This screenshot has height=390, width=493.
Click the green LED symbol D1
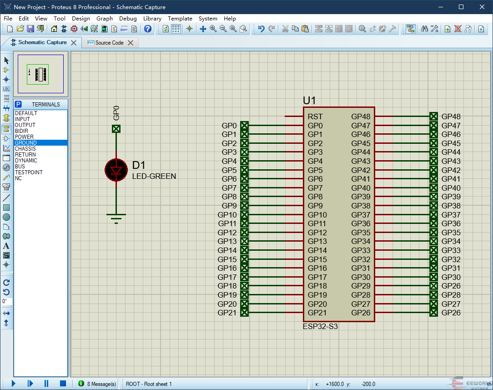tap(116, 170)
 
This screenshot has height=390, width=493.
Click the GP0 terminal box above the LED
tap(116, 129)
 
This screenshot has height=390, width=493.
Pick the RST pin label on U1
tap(315, 116)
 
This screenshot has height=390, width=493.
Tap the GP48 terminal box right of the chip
tap(433, 116)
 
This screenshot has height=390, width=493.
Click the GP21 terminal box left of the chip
tap(244, 313)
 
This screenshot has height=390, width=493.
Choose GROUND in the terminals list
tap(26, 143)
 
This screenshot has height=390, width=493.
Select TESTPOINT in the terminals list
tap(29, 172)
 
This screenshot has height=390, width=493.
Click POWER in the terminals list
tap(24, 137)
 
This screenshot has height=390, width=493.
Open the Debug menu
tap(128, 19)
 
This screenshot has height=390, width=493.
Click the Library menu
tap(152, 19)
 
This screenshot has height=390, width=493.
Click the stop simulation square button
tap(63, 383)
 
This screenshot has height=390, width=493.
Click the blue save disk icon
tap(30, 29)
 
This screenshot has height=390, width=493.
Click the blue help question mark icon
tap(148, 29)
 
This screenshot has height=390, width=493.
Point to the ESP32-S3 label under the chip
tap(320, 326)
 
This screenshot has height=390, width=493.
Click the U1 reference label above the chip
tap(309, 101)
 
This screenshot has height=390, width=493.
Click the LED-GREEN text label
tap(154, 176)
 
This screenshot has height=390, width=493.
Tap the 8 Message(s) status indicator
tap(97, 384)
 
